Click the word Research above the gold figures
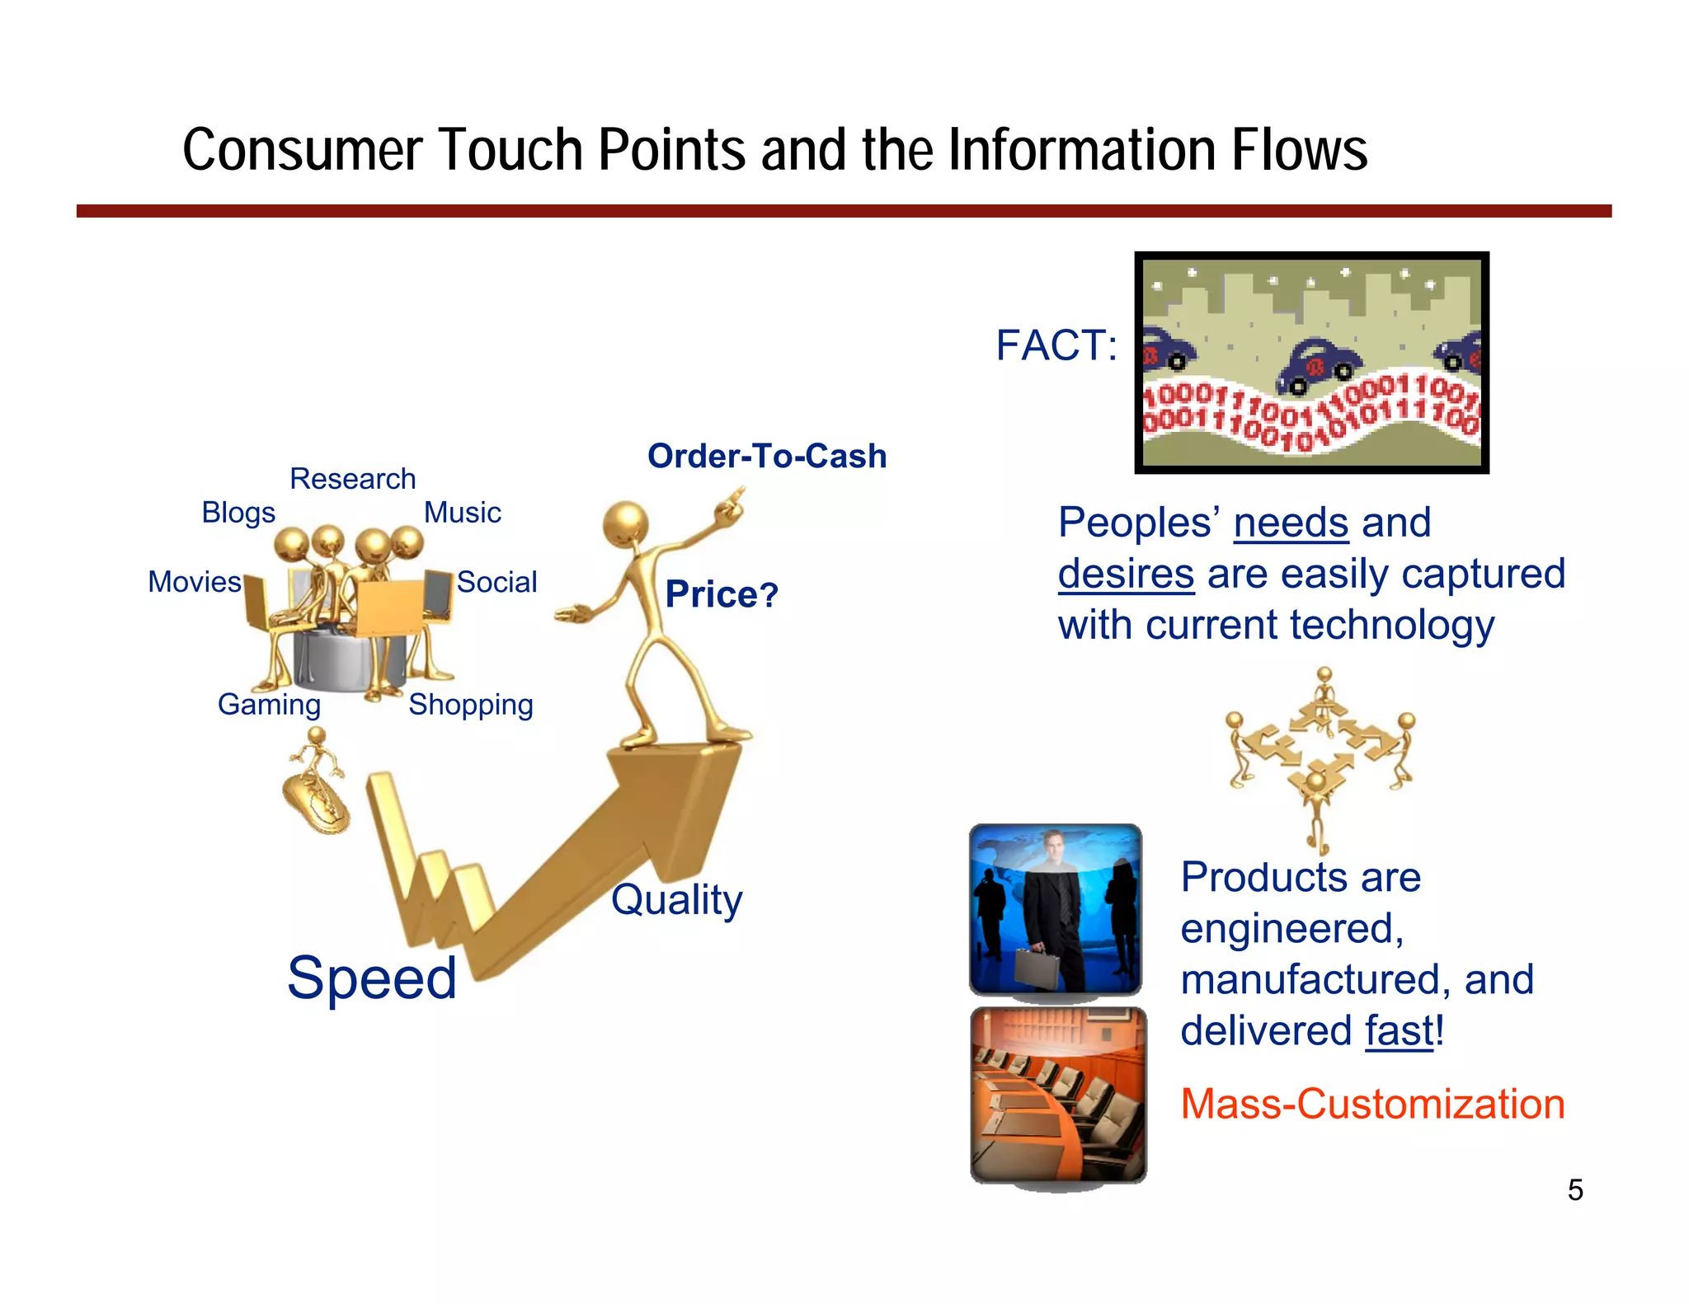click(352, 479)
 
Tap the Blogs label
click(238, 513)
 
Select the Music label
click(462, 513)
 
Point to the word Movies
click(195, 582)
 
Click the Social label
click(496, 582)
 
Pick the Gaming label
click(269, 705)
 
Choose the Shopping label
click(471, 705)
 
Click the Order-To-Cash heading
click(766, 456)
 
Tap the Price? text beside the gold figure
click(722, 594)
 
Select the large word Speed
click(372, 978)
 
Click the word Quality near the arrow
click(676, 899)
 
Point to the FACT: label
click(1056, 345)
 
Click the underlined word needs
click(1291, 523)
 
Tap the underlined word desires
click(1126, 575)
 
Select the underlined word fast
click(1400, 1031)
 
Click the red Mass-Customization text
click(1372, 1104)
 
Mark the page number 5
click(1575, 1190)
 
